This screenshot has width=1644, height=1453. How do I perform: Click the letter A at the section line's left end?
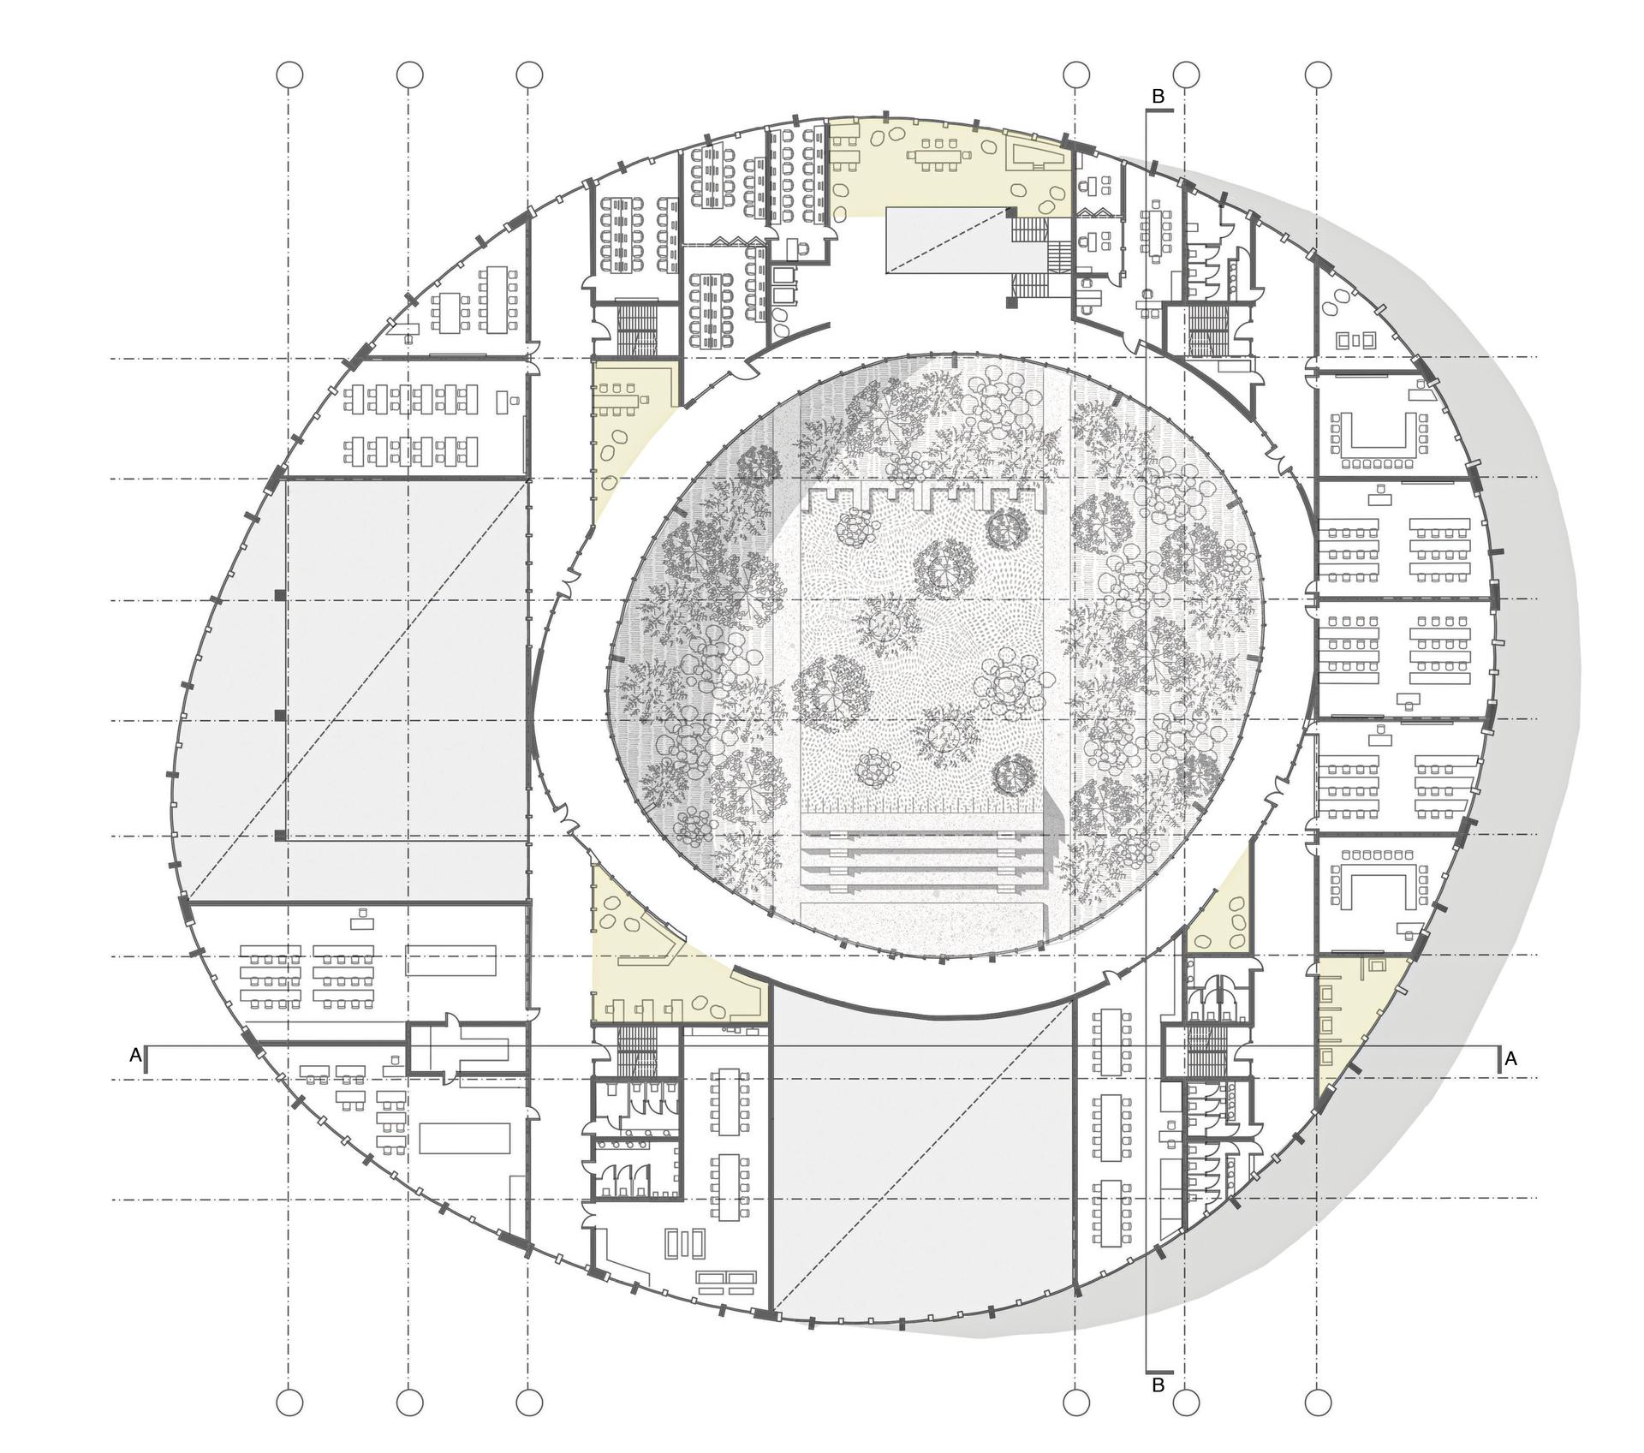pyautogui.click(x=135, y=1056)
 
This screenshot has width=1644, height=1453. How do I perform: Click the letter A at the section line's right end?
pyautogui.click(x=1511, y=1059)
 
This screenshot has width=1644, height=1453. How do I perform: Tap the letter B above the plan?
pyautogui.click(x=1159, y=97)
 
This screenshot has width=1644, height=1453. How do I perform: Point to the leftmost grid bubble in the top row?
pyautogui.click(x=290, y=75)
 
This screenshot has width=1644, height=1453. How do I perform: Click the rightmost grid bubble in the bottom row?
pyautogui.click(x=1319, y=1403)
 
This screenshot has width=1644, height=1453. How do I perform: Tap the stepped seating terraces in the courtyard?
pyautogui.click(x=923, y=860)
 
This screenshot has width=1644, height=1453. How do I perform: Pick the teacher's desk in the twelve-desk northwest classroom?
pyautogui.click(x=511, y=399)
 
